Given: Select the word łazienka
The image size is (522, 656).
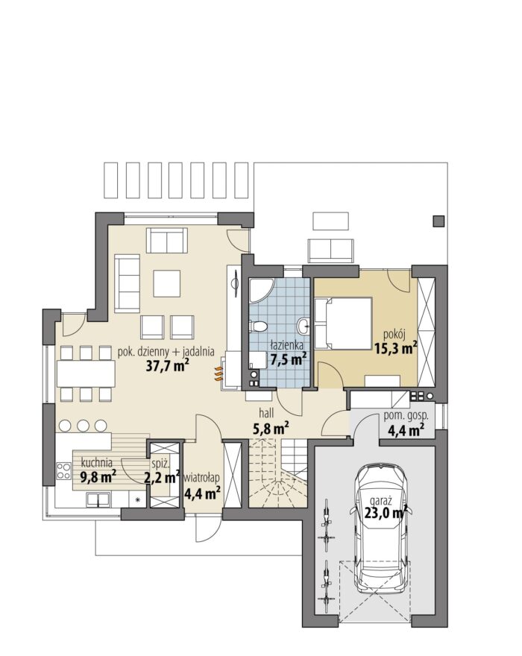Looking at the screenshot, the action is coord(287,346).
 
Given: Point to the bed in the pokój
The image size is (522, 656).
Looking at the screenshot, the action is coord(343,323).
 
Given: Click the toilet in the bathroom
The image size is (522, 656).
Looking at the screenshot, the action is coord(258,326).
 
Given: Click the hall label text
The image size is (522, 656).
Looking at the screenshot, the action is coord(266,413).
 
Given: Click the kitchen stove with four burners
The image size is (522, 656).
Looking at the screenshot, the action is coord(64,470).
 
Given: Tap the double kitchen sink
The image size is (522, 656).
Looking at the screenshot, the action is coord(98,499).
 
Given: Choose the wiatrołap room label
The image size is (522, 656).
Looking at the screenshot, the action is coord(202,477).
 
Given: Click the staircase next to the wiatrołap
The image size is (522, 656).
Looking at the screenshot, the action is coord(277,473).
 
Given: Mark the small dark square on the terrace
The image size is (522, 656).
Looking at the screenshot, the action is coord(438,221).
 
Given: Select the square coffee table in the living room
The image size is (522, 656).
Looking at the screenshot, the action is coord(166,284).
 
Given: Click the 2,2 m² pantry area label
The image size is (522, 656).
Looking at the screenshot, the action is coord(162,477).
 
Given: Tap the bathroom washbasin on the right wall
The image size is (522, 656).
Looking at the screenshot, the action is coord(304,325).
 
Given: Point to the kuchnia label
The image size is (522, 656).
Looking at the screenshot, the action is coord(97,463).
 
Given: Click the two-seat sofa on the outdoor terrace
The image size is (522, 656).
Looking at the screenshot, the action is coord(330,250).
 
